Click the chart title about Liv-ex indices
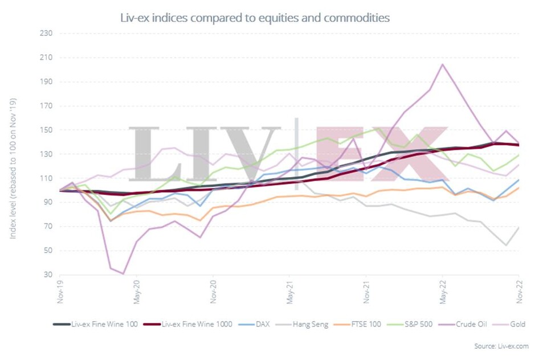tap(255, 18)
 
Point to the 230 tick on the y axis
tap(46, 33)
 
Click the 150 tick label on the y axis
tap(46, 130)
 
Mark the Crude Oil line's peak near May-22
tap(443, 64)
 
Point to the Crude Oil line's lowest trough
tap(123, 274)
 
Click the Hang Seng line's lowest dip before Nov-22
tap(506, 246)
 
